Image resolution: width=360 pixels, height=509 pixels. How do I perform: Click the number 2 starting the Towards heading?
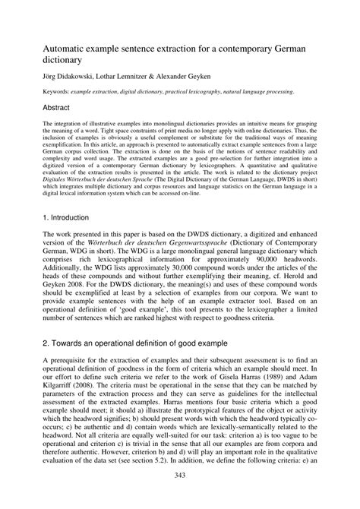[46, 344]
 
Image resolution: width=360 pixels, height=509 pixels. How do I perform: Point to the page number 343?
[179, 497]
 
